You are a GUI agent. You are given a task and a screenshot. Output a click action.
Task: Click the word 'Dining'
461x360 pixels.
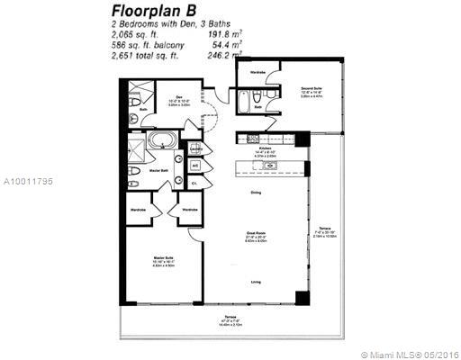tap(257, 191)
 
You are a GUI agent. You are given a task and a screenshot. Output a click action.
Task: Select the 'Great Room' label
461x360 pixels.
tap(256, 233)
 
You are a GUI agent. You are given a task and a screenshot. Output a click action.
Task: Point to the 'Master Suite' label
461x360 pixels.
tap(163, 258)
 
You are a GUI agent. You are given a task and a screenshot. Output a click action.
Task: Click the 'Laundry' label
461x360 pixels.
tap(195, 149)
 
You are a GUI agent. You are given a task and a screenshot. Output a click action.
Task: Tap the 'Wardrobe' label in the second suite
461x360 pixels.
tap(255, 70)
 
